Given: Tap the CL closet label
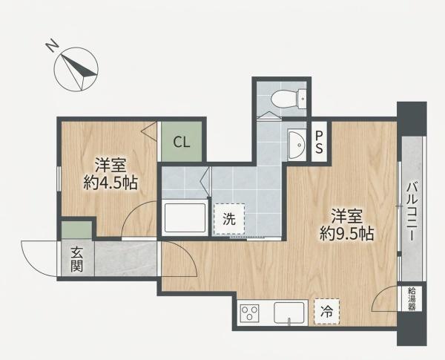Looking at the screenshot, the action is (182, 142).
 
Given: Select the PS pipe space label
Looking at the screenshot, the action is (319, 142).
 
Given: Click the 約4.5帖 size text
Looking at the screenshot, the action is (111, 183).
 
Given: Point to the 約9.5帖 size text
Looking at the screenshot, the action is (347, 234).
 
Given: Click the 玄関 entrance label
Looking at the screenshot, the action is (77, 259).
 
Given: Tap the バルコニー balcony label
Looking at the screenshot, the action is (412, 212).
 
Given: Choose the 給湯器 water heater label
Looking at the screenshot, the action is (412, 298).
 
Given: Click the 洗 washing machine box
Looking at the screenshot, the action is (229, 219).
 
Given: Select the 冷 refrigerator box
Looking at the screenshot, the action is (327, 312).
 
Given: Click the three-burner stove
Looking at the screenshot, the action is (249, 312).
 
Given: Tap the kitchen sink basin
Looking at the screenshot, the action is (289, 312).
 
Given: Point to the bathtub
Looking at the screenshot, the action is (185, 218).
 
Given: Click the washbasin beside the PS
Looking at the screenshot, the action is (297, 145).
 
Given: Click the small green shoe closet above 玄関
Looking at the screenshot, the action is (76, 229).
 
